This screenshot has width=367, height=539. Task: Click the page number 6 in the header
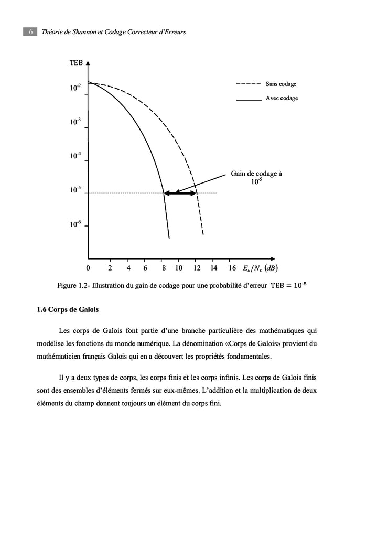30,32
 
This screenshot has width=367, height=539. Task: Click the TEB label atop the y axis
76,63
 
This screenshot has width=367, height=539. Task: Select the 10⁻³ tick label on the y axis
75,122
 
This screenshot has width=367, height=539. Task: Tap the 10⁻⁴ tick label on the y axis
75,156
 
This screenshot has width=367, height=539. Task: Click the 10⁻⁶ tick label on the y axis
75,224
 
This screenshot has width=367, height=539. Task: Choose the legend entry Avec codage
282,98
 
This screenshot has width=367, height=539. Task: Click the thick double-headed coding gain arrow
180,193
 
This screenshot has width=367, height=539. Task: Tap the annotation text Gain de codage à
256,174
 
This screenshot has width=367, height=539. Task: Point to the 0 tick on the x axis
88,268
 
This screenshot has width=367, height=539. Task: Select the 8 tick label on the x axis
164,268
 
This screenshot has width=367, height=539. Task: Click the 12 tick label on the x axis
197,268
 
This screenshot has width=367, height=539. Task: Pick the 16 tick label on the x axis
232,268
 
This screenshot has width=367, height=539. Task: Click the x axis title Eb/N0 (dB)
260,268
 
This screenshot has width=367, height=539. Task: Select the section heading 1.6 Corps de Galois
68,309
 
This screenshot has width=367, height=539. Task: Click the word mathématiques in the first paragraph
283,331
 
